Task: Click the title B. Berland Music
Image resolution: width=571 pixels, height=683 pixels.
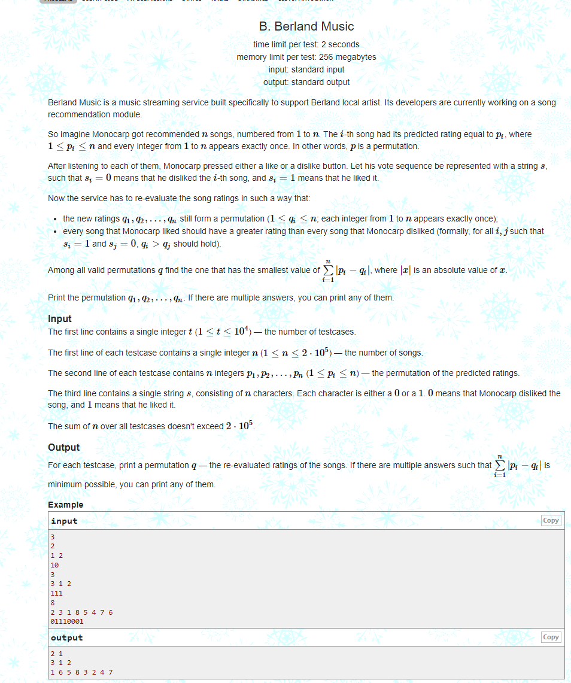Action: [x=306, y=26]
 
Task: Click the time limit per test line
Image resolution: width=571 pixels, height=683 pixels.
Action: [x=306, y=44]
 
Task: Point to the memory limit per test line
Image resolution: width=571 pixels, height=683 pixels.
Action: [x=306, y=57]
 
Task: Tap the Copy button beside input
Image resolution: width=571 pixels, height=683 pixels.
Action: [x=551, y=520]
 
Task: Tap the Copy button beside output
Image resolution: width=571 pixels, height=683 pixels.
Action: [x=551, y=637]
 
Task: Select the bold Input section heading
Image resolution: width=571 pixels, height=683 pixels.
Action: [x=60, y=318]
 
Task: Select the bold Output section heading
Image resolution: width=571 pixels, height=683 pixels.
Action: [x=63, y=447]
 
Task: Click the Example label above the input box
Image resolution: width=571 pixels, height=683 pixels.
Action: [x=65, y=505]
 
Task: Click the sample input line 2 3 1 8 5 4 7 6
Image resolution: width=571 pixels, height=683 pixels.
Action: [x=81, y=612]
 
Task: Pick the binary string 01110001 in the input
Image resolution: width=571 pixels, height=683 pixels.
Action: [x=67, y=621]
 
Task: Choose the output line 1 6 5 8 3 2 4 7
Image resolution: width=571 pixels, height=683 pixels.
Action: [x=81, y=672]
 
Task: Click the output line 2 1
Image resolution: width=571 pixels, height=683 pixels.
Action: [x=57, y=654]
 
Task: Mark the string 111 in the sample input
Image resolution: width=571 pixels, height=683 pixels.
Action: [x=56, y=593]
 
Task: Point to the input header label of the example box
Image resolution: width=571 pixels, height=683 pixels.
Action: [x=64, y=521]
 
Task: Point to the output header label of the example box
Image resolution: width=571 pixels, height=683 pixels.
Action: [x=66, y=638]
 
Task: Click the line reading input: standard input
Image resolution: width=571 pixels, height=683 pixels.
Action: [x=306, y=69]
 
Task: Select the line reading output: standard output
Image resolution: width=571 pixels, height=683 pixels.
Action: [x=306, y=82]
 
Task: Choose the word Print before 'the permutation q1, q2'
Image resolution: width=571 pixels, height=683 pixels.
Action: [x=57, y=298]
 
